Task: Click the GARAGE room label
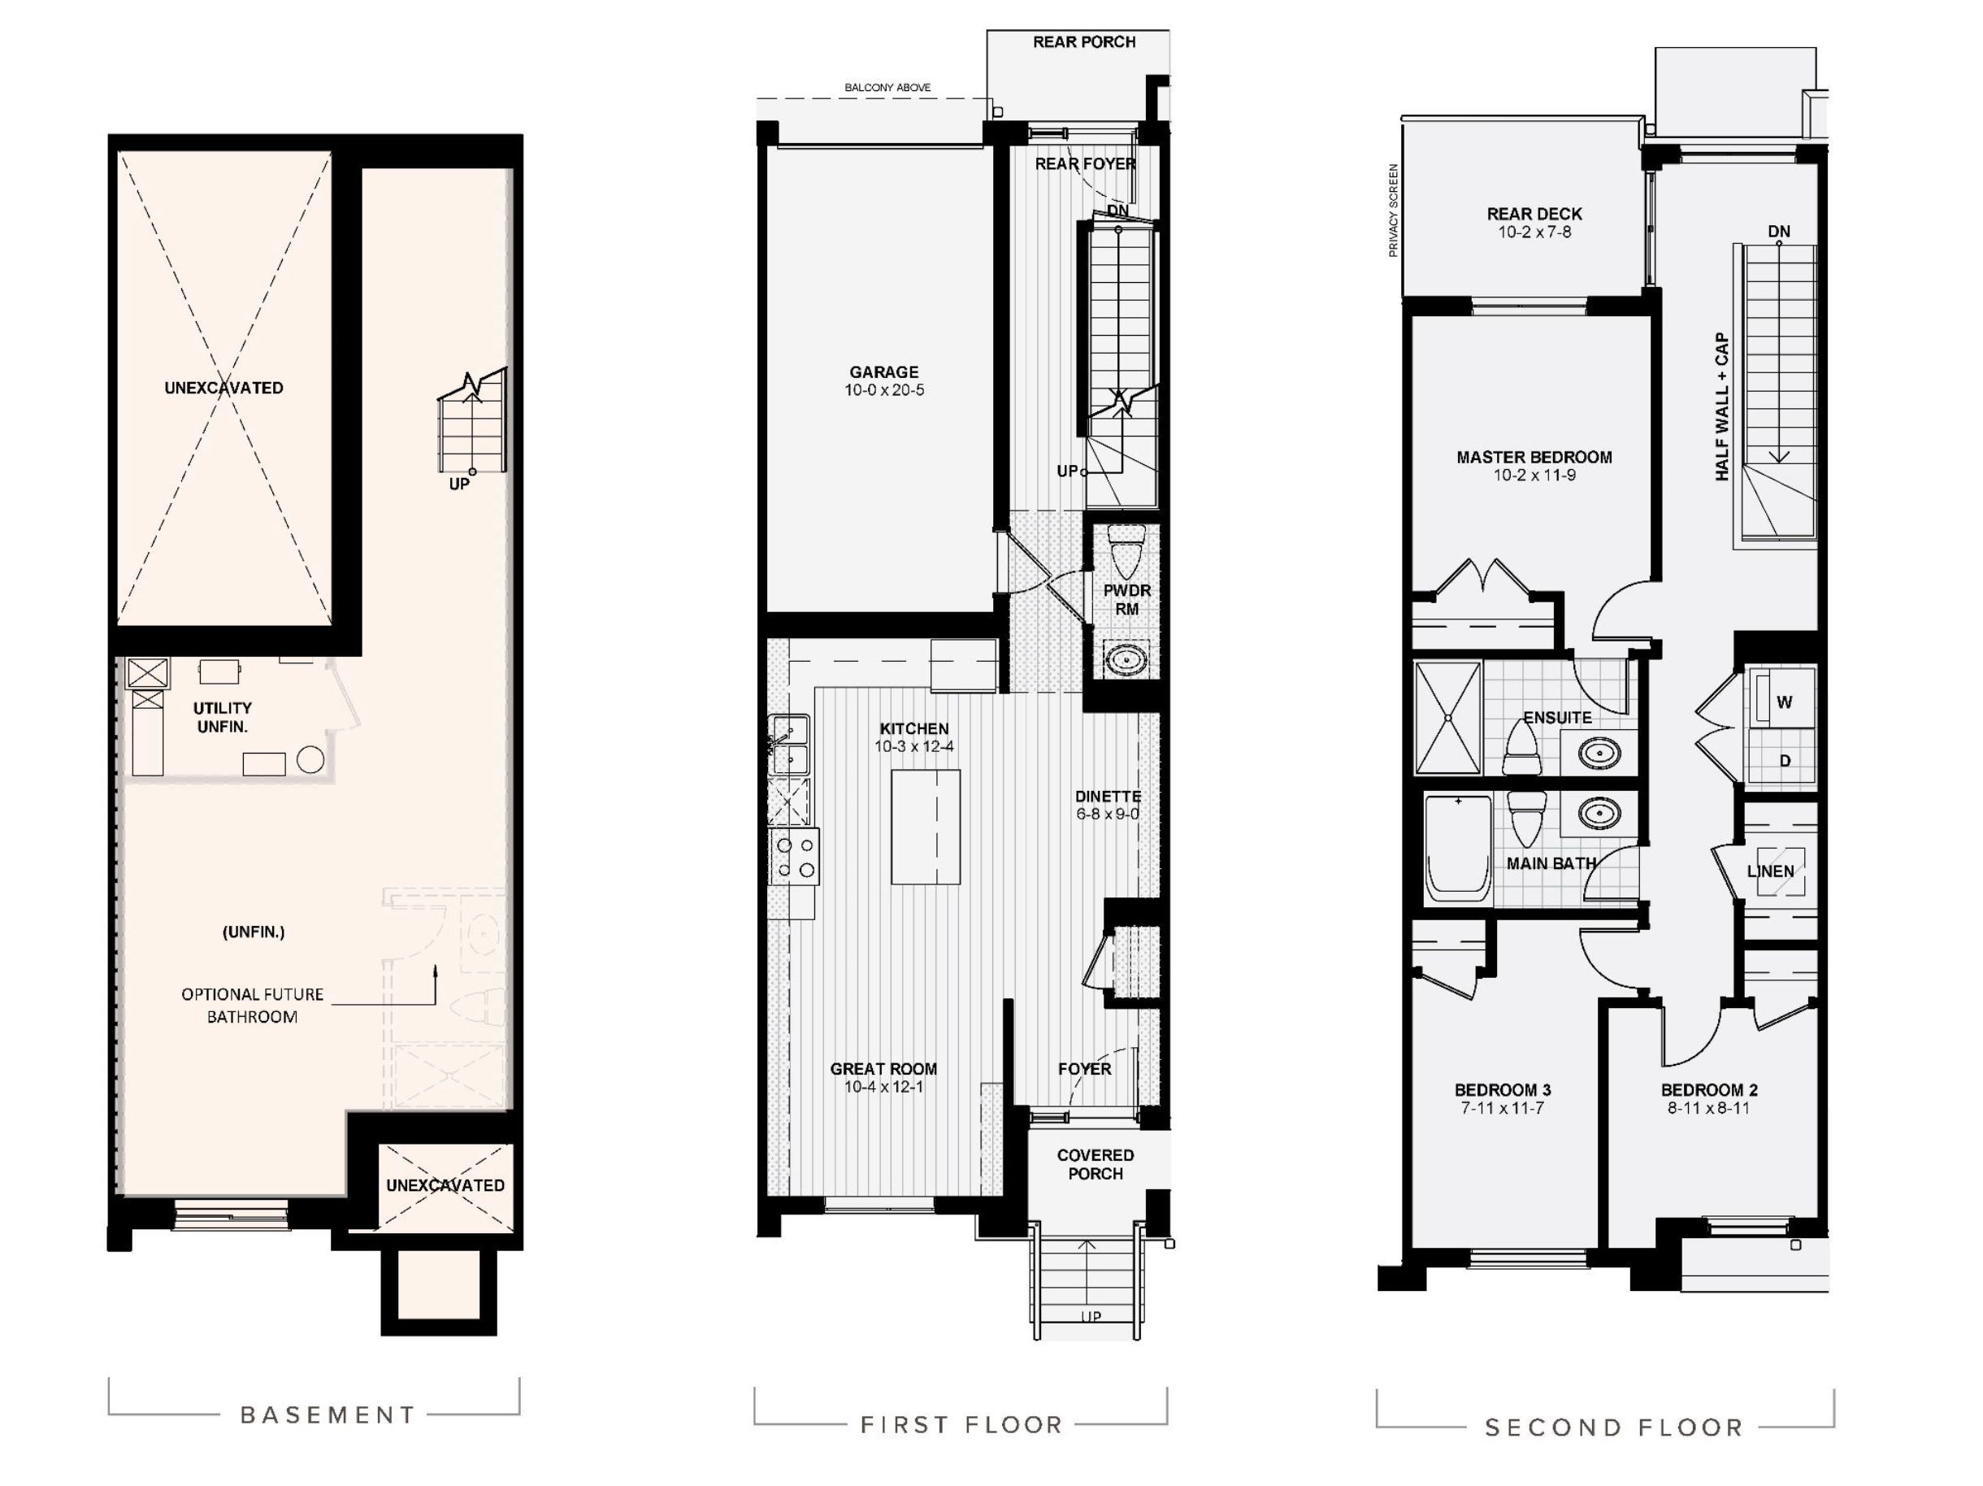click(x=884, y=371)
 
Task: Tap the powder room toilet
click(x=1126, y=549)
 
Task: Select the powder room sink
click(x=1122, y=660)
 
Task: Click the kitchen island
click(x=925, y=827)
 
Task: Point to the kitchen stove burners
click(x=795, y=857)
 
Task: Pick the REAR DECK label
click(x=1534, y=214)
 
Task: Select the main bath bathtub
click(x=1458, y=848)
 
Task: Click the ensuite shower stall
click(x=1447, y=718)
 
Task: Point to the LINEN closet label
click(x=1771, y=871)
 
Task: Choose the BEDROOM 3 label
click(x=1503, y=1089)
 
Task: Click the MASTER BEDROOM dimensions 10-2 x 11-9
click(x=1534, y=476)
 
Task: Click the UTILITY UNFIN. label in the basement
click(x=223, y=716)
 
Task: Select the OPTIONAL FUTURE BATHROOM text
click(x=252, y=1006)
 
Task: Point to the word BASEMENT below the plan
click(x=328, y=1414)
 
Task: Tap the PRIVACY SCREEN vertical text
click(x=1393, y=210)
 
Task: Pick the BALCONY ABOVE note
click(x=887, y=88)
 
